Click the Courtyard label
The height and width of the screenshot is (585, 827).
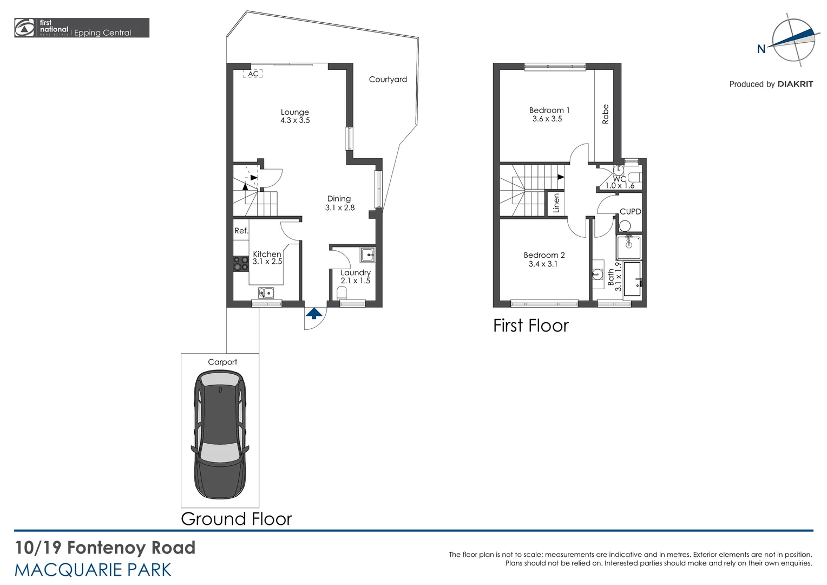pos(388,79)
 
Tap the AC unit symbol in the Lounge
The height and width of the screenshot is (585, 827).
pos(253,74)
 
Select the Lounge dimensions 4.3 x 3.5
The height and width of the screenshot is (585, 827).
pos(295,120)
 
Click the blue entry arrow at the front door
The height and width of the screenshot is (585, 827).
pos(314,314)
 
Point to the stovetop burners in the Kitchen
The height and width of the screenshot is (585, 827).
pos(240,264)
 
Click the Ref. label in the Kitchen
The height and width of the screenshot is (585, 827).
pos(241,231)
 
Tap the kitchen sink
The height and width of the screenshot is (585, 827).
pos(266,293)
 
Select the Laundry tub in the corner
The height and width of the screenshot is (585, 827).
pos(367,254)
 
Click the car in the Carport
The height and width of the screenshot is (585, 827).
pos(220,434)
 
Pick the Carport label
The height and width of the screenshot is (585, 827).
pos(222,362)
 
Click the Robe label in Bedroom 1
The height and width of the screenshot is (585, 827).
pos(605,114)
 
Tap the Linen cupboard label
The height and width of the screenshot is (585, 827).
pos(556,203)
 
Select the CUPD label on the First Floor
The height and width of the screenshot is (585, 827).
pos(630,212)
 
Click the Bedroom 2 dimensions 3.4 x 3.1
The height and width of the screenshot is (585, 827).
pos(543,264)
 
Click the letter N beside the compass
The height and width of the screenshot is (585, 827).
pos(761,49)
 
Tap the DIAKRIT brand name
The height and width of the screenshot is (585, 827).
pos(795,84)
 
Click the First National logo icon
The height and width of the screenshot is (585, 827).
pos(24,28)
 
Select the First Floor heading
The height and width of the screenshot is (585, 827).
pos(530,326)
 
